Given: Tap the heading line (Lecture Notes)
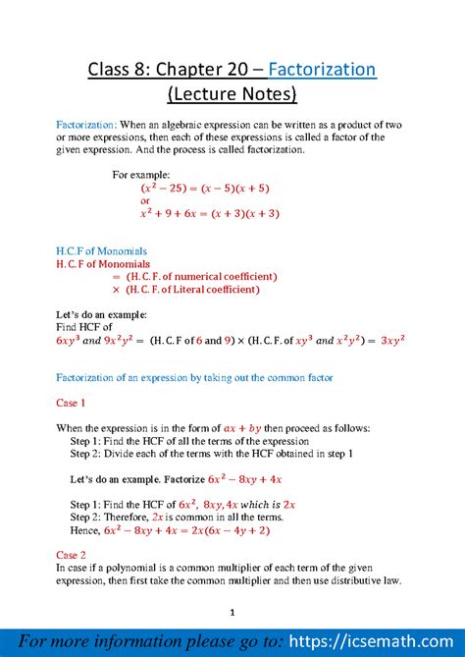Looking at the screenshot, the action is (232, 95).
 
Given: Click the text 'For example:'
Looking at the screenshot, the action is (141, 174).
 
